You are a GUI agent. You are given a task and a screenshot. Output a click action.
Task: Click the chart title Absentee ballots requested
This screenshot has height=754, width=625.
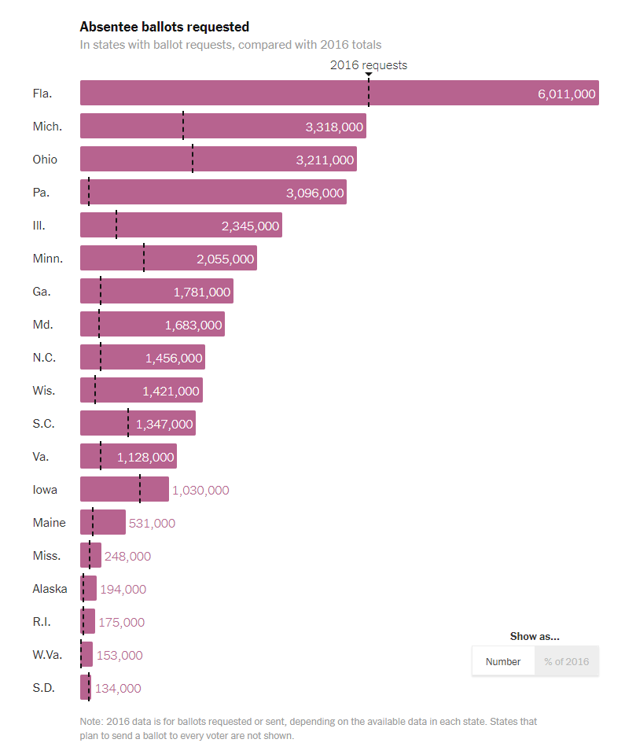point(164,28)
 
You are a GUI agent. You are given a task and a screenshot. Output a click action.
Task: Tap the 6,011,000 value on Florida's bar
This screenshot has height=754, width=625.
point(566,94)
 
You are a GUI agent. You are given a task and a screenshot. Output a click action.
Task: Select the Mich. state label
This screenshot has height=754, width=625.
point(47,127)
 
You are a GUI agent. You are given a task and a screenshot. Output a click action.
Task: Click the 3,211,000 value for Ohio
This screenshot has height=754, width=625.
point(325,160)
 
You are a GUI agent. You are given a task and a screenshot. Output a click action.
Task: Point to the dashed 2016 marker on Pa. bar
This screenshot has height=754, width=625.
point(89,192)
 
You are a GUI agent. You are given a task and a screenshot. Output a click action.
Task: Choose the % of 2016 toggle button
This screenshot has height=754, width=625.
point(566,661)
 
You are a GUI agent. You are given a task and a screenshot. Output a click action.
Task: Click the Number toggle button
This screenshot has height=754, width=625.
point(503,661)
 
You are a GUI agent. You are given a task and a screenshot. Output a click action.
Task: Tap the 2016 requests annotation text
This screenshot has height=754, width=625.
point(368,65)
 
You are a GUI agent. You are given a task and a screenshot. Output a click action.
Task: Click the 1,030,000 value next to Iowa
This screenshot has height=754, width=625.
point(200,490)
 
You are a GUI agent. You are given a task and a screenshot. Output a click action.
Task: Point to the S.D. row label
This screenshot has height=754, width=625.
point(43,688)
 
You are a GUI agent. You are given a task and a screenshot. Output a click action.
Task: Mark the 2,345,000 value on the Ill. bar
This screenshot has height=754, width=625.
point(250,226)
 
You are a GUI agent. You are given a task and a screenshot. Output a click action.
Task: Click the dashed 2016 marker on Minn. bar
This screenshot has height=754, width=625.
point(144,258)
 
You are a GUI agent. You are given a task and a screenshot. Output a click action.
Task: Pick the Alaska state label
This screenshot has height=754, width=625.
point(50,589)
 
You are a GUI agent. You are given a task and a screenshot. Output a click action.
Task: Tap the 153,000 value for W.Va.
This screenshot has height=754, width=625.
point(119,655)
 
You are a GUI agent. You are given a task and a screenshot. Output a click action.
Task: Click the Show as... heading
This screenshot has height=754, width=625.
point(535,636)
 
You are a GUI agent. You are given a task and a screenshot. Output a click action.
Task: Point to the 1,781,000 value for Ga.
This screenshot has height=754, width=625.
point(202,292)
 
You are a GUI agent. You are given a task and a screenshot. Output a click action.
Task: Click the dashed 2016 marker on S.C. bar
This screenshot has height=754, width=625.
point(128,423)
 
